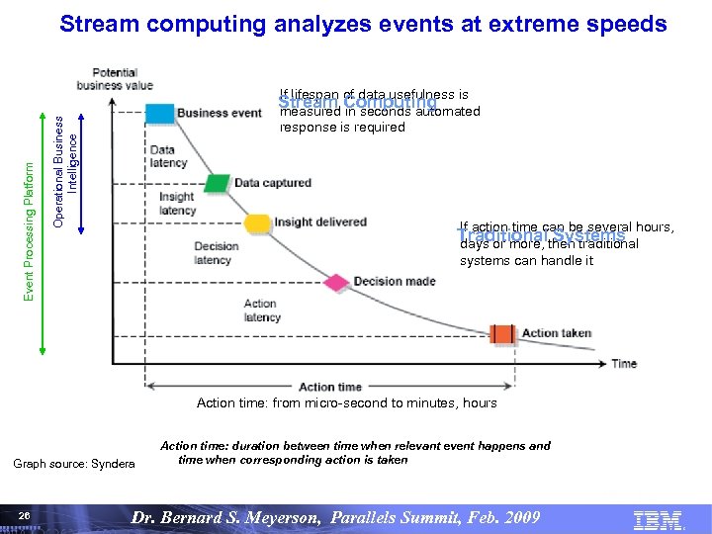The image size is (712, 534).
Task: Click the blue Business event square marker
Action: tap(159, 113)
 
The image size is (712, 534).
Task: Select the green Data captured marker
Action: tap(218, 183)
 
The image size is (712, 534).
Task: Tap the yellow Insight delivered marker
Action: tap(257, 222)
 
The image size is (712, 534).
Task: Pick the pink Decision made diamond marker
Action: tap(336, 282)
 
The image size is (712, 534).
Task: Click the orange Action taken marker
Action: tap(503, 333)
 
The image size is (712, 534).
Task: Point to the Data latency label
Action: tap(162, 156)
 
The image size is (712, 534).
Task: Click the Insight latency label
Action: tap(177, 203)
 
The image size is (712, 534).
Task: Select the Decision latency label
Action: tap(215, 252)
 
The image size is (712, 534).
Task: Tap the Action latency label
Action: tap(261, 311)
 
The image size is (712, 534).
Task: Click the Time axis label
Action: tap(623, 363)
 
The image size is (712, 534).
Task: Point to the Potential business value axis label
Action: tap(123, 79)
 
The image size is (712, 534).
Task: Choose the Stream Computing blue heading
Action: tap(357, 103)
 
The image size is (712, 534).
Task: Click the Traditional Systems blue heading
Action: tap(541, 236)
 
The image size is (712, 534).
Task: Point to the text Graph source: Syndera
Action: tap(73, 464)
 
